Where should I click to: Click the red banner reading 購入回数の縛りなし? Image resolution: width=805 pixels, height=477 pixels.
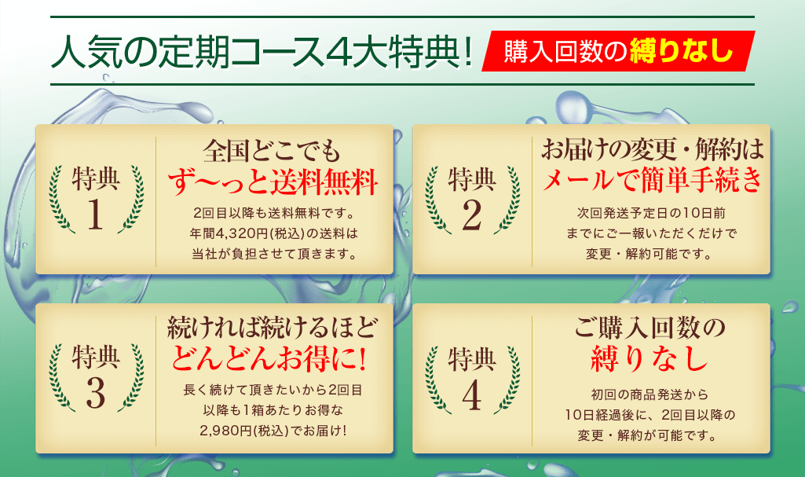point(618,51)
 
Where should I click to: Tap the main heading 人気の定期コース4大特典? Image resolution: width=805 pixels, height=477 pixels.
point(262,51)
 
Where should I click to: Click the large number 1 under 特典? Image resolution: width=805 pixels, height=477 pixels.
point(96,215)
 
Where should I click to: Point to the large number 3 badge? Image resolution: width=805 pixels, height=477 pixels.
point(96,393)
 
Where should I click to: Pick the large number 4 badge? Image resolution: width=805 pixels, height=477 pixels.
point(472,395)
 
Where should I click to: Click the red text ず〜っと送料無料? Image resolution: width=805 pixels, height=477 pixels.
point(273,182)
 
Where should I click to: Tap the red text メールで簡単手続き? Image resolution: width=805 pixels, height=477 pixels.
point(652,180)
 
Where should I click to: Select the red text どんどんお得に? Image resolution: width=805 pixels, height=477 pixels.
point(269,358)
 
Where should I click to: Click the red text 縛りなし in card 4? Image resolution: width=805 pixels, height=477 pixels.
point(650,358)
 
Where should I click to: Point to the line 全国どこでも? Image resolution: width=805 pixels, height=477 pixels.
point(272,151)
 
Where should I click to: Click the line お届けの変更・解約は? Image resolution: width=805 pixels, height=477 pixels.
point(652,149)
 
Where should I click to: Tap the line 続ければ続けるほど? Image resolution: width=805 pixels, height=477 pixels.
point(272,328)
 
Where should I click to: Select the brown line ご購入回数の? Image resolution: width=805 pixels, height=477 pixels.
point(650,328)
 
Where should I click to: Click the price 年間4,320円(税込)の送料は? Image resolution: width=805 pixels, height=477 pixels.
point(273,234)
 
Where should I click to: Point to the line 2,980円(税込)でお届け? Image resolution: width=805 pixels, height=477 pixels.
point(273,431)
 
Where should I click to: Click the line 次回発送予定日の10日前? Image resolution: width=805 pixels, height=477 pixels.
point(651,213)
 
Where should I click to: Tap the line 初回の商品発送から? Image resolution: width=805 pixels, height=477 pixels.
point(650,394)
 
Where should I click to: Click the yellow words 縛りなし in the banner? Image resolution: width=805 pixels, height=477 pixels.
point(681,51)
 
